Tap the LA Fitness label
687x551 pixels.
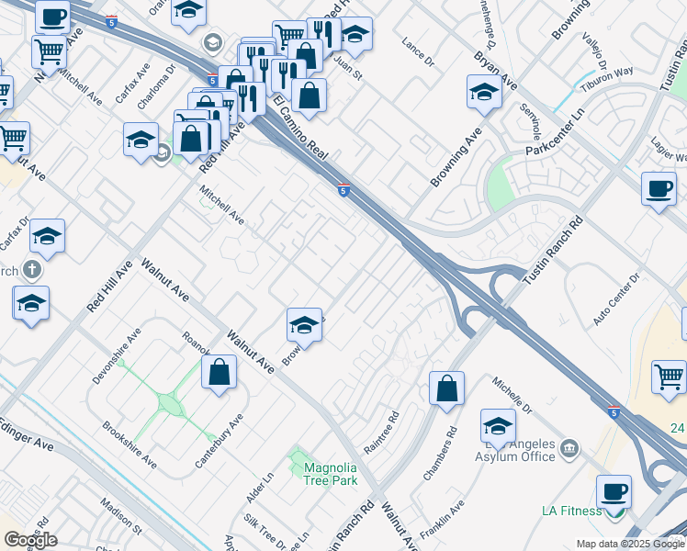[571, 511]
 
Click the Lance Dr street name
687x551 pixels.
[418, 51]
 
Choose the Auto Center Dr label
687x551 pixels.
[616, 299]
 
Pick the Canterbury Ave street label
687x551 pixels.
[220, 441]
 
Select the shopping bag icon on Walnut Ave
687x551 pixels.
[219, 372]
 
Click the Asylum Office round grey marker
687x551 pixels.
[569, 447]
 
